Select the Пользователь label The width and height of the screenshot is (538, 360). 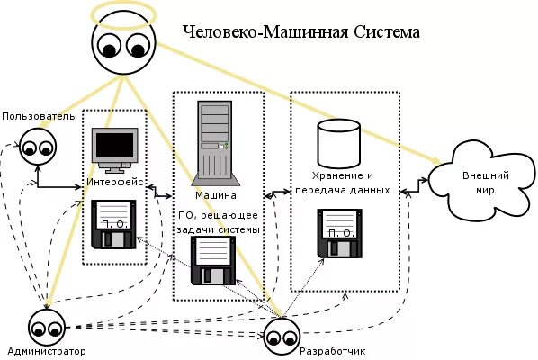pyautogui.click(x=38, y=116)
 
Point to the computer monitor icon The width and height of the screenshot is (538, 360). pyautogui.click(x=116, y=149)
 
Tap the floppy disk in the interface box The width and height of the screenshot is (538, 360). pyautogui.click(x=115, y=224)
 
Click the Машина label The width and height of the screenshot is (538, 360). pyautogui.click(x=216, y=195)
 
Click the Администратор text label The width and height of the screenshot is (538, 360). pyautogui.click(x=45, y=351)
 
